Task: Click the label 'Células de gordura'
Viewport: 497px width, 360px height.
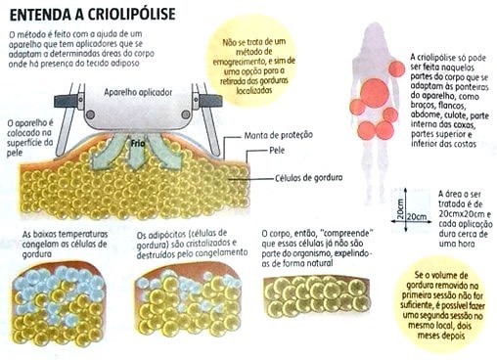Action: tap(313, 179)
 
